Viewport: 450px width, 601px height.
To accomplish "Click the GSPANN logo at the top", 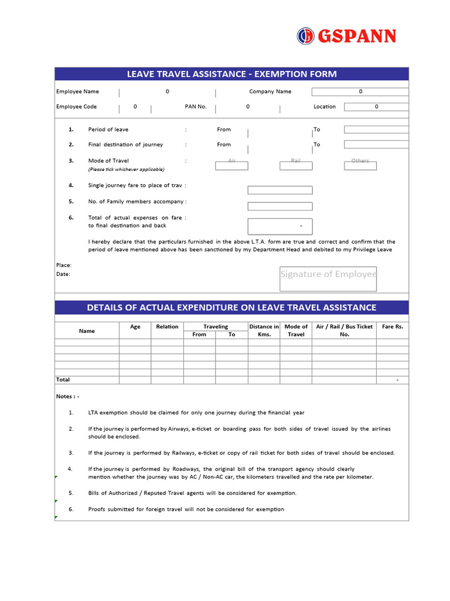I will coord(346,36).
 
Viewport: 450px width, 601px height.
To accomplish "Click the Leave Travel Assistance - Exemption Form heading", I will coord(231,74).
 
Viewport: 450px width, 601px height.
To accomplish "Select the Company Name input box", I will coord(360,92).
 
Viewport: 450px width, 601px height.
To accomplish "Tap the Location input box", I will coord(376,107).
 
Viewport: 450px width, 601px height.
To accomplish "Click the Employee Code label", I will coord(76,107).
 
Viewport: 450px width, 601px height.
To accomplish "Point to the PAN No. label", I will coord(196,107).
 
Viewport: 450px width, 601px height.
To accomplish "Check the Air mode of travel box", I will coord(231,166).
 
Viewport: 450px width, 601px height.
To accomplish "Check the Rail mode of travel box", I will coord(296,166).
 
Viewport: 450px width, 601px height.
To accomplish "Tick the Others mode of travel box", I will coord(360,166).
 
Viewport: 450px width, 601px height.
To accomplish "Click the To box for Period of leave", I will coord(376,130).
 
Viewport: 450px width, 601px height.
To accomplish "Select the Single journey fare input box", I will coord(279,190).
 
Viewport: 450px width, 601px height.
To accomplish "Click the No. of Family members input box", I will coord(279,206).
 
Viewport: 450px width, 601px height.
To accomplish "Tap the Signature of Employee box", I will coord(328,279).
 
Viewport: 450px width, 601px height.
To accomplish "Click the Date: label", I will coord(63,274).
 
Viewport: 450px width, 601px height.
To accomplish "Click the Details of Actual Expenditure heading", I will coord(231,308).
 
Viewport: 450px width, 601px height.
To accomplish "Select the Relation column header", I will coord(167,327).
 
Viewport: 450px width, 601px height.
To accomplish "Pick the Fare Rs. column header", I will coord(392,327).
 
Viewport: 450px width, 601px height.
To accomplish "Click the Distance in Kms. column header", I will coord(264,330).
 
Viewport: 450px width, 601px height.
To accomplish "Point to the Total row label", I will coord(63,380).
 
